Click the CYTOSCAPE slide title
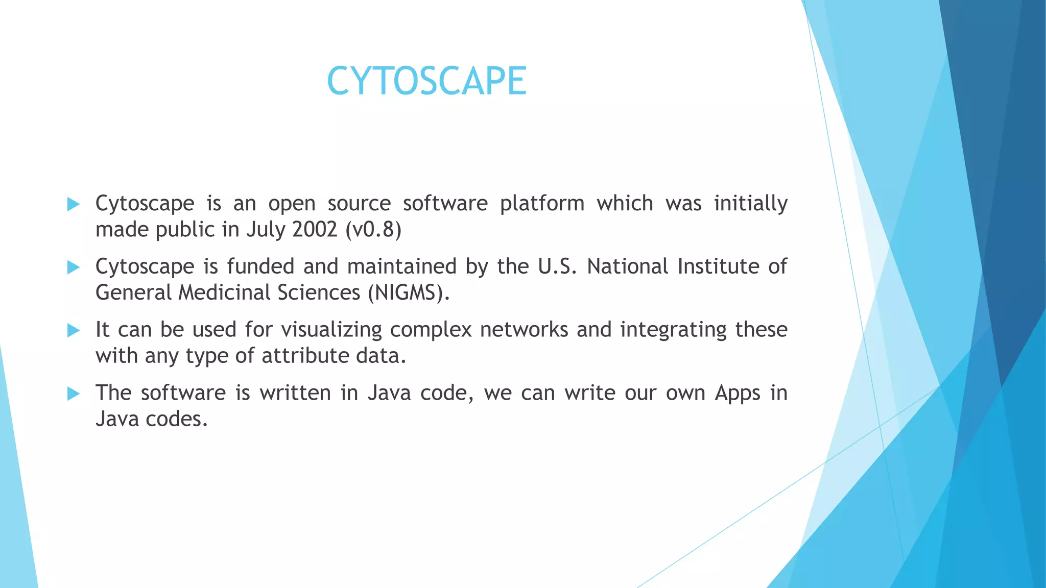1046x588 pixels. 426,81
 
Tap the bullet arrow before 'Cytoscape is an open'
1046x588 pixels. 74,205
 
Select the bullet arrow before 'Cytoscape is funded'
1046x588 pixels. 74,267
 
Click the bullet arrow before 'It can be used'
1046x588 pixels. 74,331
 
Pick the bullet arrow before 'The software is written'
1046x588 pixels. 74,394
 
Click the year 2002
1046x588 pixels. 315,230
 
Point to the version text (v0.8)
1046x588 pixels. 374,230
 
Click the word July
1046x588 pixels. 265,230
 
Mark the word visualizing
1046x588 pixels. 331,330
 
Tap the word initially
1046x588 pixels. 750,204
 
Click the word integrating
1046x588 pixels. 673,330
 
